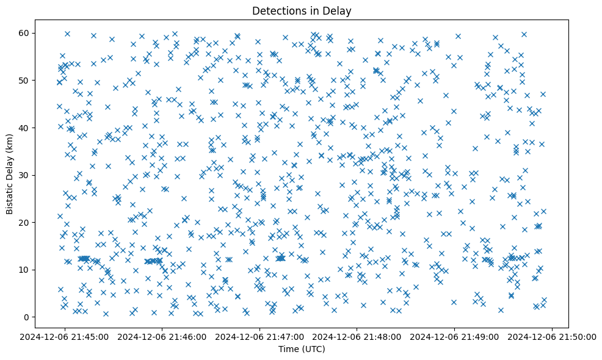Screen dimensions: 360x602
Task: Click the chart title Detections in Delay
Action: point(302,10)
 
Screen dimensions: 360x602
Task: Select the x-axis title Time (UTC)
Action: point(302,349)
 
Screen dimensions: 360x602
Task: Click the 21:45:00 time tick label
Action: point(65,336)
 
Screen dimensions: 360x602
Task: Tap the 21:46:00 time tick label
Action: point(162,336)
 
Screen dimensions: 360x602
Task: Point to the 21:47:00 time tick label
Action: point(260,336)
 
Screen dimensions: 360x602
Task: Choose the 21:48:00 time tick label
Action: point(358,336)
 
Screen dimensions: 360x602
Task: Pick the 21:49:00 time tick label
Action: point(455,336)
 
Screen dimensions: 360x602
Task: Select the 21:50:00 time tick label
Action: point(553,336)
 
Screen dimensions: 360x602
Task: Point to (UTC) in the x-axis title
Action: point(313,349)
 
